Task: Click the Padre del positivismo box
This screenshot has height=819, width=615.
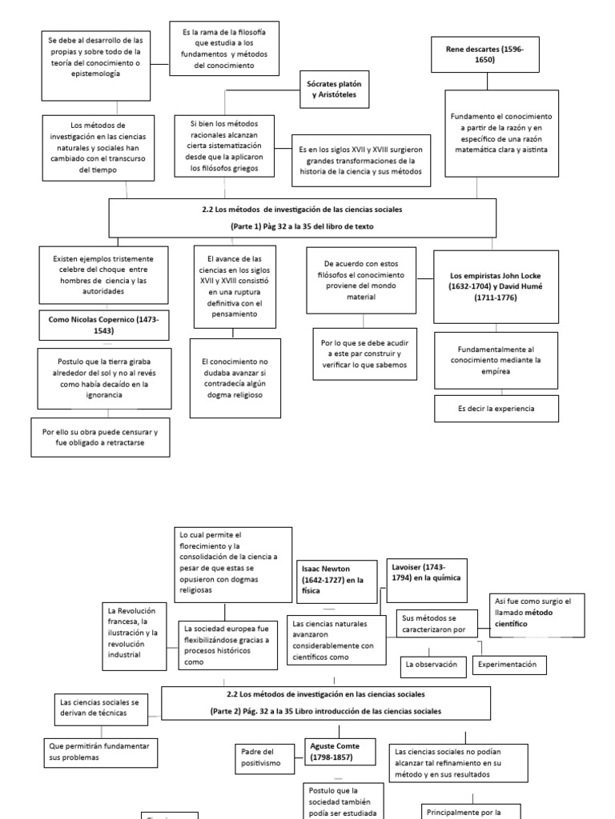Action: [267, 757]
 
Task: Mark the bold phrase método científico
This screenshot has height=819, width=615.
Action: [521, 623]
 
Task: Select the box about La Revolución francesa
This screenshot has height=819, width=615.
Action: [135, 633]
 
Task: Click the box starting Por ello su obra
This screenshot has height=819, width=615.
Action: [100, 437]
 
